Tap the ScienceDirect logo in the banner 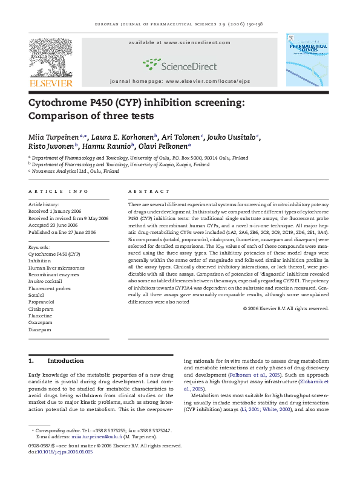click(179, 62)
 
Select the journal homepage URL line click(179, 80)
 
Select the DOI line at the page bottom click(60, 451)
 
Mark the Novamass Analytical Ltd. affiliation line click(76, 171)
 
